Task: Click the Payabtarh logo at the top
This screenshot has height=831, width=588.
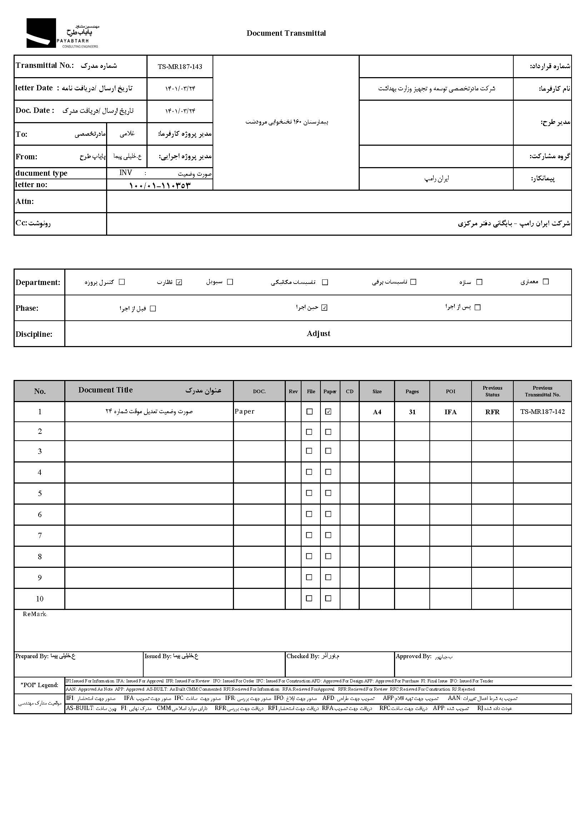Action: pyautogui.click(x=62, y=33)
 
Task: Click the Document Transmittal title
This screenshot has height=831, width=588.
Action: pyautogui.click(x=286, y=33)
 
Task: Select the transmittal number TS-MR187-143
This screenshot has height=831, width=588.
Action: pyautogui.click(x=180, y=66)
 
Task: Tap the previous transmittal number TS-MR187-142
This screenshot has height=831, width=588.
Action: pyautogui.click(x=542, y=411)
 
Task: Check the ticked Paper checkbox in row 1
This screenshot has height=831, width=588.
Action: pyautogui.click(x=328, y=411)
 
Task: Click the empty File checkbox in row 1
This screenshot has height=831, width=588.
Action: pyautogui.click(x=310, y=411)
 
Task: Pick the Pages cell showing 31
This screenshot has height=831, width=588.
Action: pyautogui.click(x=412, y=412)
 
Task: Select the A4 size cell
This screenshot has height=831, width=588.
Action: pyautogui.click(x=377, y=412)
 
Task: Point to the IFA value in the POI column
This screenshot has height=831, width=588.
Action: pyautogui.click(x=450, y=412)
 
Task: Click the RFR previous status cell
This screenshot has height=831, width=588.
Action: pyautogui.click(x=492, y=412)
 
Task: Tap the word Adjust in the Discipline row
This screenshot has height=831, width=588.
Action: pyautogui.click(x=318, y=333)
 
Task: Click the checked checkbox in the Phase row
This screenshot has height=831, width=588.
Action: pyautogui.click(x=324, y=307)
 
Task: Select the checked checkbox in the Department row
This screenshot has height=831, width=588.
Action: pyautogui.click(x=179, y=282)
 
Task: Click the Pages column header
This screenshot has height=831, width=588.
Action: pyautogui.click(x=412, y=391)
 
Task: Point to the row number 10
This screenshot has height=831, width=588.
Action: pyautogui.click(x=39, y=599)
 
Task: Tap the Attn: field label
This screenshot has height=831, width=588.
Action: pyautogui.click(x=25, y=201)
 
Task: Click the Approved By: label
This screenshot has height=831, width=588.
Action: pyautogui.click(x=413, y=656)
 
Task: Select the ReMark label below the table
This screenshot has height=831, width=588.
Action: pyautogui.click(x=34, y=614)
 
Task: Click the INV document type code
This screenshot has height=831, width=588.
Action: pyautogui.click(x=126, y=172)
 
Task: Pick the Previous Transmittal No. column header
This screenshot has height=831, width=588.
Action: pyautogui.click(x=542, y=391)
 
